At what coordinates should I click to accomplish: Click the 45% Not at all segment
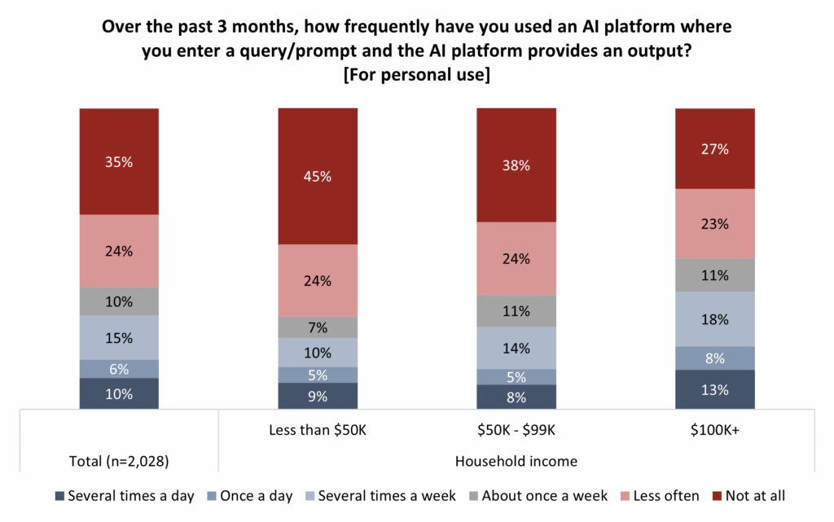pos(318,176)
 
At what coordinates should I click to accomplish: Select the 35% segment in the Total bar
pos(119,161)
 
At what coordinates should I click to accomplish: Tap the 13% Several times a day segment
pos(715,388)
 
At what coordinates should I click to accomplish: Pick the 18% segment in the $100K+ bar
pos(715,318)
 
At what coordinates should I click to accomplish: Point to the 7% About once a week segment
pos(318,327)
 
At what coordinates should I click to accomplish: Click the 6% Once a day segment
pos(119,368)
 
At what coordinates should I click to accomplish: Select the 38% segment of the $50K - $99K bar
pos(516,165)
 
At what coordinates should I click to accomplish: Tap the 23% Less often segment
pos(715,223)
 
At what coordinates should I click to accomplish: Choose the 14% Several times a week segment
pos(516,348)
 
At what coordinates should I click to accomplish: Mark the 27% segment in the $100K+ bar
pos(715,148)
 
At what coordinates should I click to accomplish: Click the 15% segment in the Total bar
pos(119,337)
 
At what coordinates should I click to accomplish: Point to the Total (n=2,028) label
pos(119,462)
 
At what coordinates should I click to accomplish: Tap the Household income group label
pos(516,462)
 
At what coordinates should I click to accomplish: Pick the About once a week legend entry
pos(542,495)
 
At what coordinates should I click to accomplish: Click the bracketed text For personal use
pos(416,77)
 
